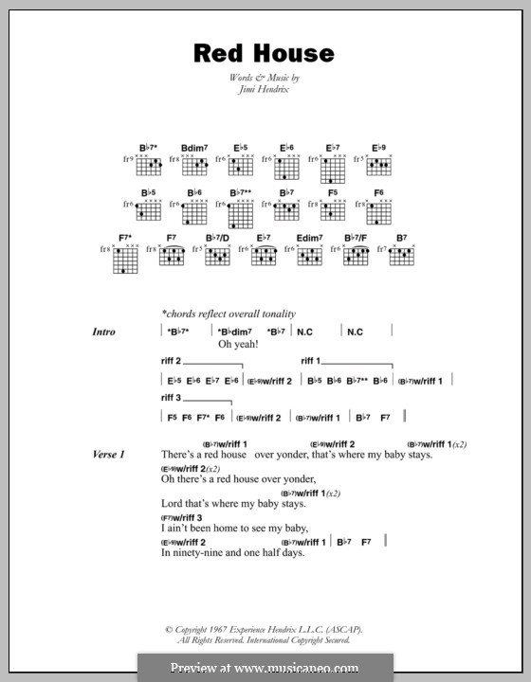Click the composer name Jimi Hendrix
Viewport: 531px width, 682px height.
click(x=264, y=92)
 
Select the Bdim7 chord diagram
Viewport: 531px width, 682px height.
click(x=194, y=167)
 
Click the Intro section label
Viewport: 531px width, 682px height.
click(x=104, y=332)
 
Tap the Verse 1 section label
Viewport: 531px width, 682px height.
click(x=109, y=455)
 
